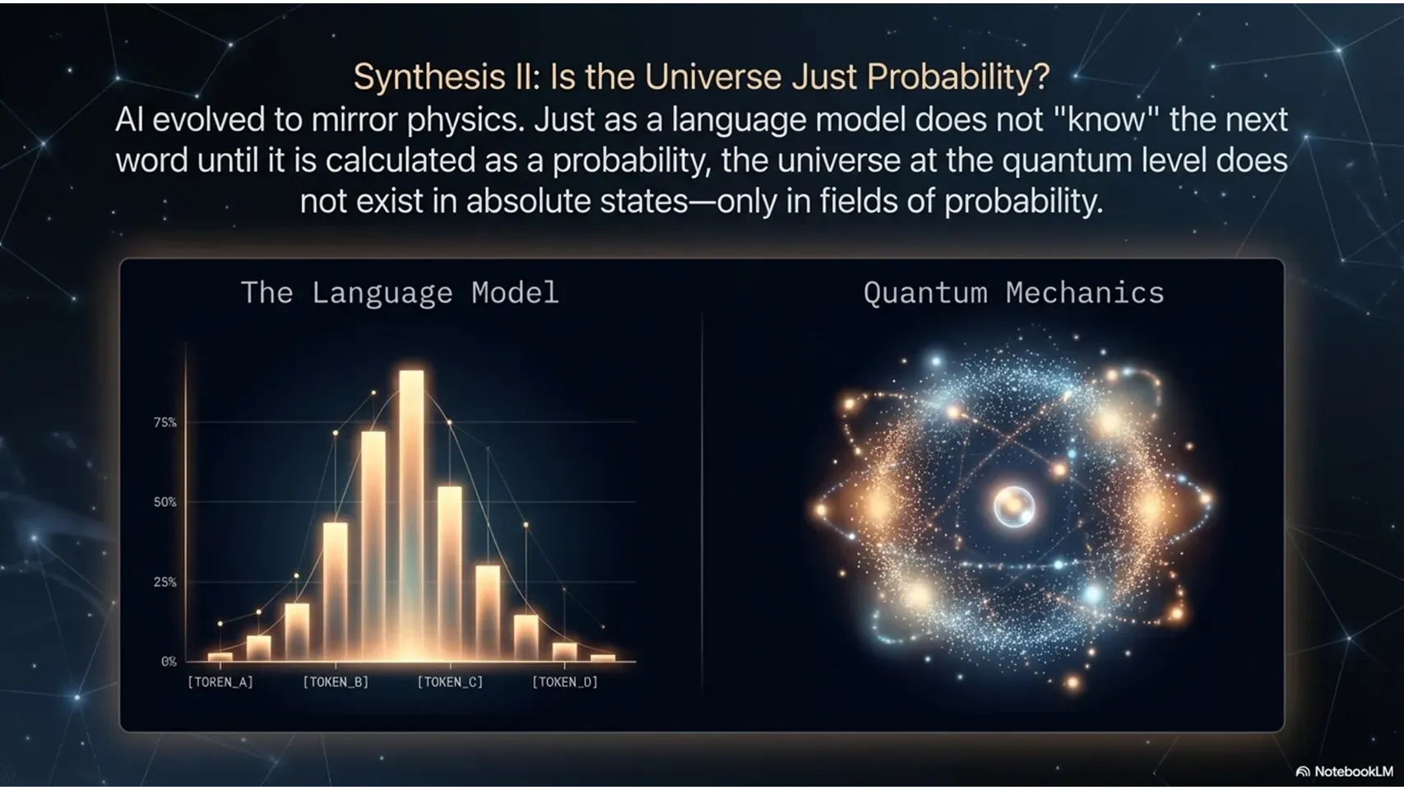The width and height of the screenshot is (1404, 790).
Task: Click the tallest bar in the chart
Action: [x=411, y=515]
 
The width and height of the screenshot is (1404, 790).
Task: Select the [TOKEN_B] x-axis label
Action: [x=336, y=682]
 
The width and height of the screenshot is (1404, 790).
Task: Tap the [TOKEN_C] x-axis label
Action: [x=450, y=682]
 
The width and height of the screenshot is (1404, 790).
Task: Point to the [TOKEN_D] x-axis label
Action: [x=565, y=682]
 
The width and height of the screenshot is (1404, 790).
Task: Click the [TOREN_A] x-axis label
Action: [x=220, y=682]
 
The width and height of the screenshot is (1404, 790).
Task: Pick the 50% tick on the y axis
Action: [x=164, y=502]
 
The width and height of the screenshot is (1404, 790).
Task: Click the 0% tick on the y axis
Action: [x=169, y=662]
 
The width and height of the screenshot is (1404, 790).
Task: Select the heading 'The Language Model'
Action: [x=400, y=293]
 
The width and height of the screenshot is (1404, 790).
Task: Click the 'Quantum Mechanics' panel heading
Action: [x=1013, y=293]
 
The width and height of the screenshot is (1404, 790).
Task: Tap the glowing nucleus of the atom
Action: [x=1013, y=505]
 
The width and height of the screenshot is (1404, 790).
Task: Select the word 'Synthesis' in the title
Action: [x=429, y=77]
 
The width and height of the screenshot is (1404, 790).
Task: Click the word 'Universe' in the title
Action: [x=712, y=77]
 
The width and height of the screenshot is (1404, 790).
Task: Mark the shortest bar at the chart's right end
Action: [x=602, y=658]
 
